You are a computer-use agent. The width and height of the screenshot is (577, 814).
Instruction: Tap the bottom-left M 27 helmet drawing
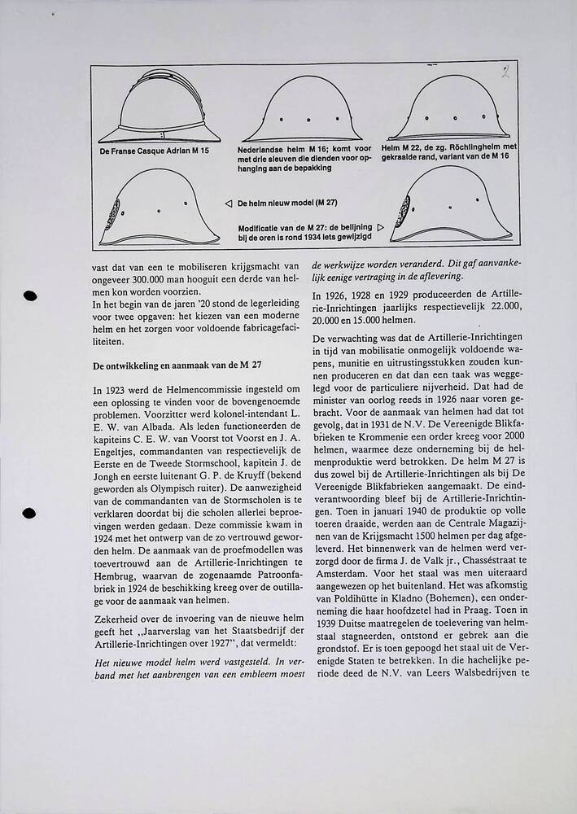pyautogui.click(x=160, y=208)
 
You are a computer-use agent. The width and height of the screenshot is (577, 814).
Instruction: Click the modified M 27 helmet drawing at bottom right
pyautogui.click(x=450, y=212)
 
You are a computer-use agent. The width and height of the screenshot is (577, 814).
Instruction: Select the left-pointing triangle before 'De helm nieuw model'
pyautogui.click(x=228, y=202)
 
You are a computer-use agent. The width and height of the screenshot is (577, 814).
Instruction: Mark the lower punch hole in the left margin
pyautogui.click(x=30, y=514)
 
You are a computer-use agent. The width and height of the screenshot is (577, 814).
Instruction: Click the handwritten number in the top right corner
pyautogui.click(x=506, y=72)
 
